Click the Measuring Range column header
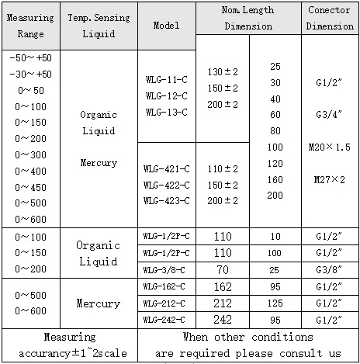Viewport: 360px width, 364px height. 31,26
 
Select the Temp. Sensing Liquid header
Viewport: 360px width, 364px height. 99,26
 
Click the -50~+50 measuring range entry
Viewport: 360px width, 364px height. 32,58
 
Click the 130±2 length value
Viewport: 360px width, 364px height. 223,72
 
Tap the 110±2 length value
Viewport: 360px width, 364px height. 223,168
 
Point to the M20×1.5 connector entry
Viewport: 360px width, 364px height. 330,147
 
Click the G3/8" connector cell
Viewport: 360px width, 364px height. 330,269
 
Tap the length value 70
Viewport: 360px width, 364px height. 223,269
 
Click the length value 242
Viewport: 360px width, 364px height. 223,319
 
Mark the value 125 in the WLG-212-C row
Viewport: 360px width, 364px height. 275,303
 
